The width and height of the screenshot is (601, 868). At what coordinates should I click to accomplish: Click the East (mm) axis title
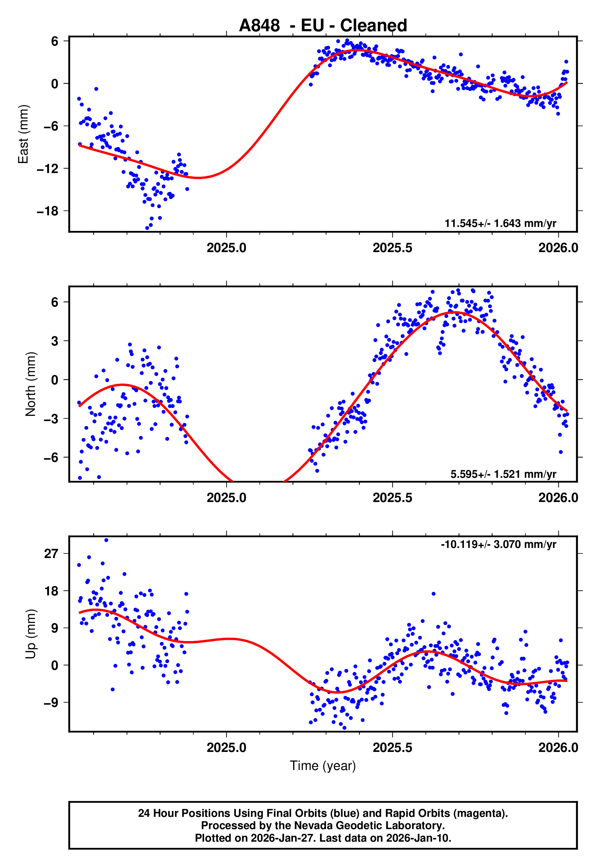click(23, 134)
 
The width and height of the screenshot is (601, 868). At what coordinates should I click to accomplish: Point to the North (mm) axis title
click(31, 384)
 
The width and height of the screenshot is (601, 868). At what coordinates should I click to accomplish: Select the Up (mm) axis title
click(31, 634)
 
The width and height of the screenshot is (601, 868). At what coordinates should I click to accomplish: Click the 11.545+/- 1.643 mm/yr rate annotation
click(500, 223)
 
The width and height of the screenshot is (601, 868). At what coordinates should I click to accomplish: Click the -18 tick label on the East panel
click(47, 211)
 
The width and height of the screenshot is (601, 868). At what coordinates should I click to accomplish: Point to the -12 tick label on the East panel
click(47, 168)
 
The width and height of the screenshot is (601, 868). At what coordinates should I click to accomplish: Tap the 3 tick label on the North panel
click(55, 341)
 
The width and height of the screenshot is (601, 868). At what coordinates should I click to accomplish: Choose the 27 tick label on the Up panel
click(51, 554)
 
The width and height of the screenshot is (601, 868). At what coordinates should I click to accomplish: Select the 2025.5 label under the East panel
click(392, 248)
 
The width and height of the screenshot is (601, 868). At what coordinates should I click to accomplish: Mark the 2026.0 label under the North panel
click(558, 498)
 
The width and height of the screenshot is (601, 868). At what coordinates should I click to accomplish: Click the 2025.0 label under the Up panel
click(226, 748)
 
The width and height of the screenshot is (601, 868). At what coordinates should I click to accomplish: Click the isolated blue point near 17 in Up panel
click(433, 594)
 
